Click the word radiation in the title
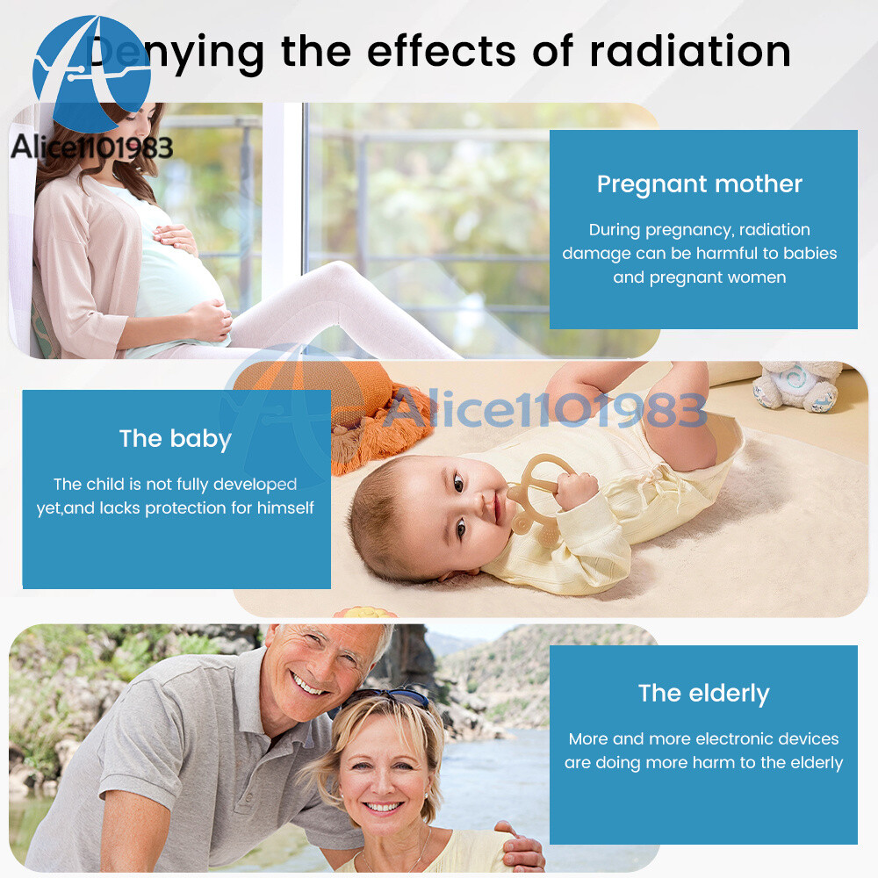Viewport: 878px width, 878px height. pyautogui.click(x=690, y=52)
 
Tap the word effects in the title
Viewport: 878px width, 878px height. pyautogui.click(x=442, y=52)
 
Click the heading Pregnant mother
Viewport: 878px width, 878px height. pyautogui.click(x=700, y=184)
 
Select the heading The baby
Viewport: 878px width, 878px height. pyautogui.click(x=176, y=439)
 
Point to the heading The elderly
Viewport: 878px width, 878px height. pyautogui.click(x=704, y=694)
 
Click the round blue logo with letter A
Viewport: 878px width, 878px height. pyautogui.click(x=92, y=74)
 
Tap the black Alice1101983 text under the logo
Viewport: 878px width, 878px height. pyautogui.click(x=92, y=148)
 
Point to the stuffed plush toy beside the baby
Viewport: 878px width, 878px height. pyautogui.click(x=797, y=385)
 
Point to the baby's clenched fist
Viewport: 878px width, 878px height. pyautogui.click(x=576, y=491)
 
